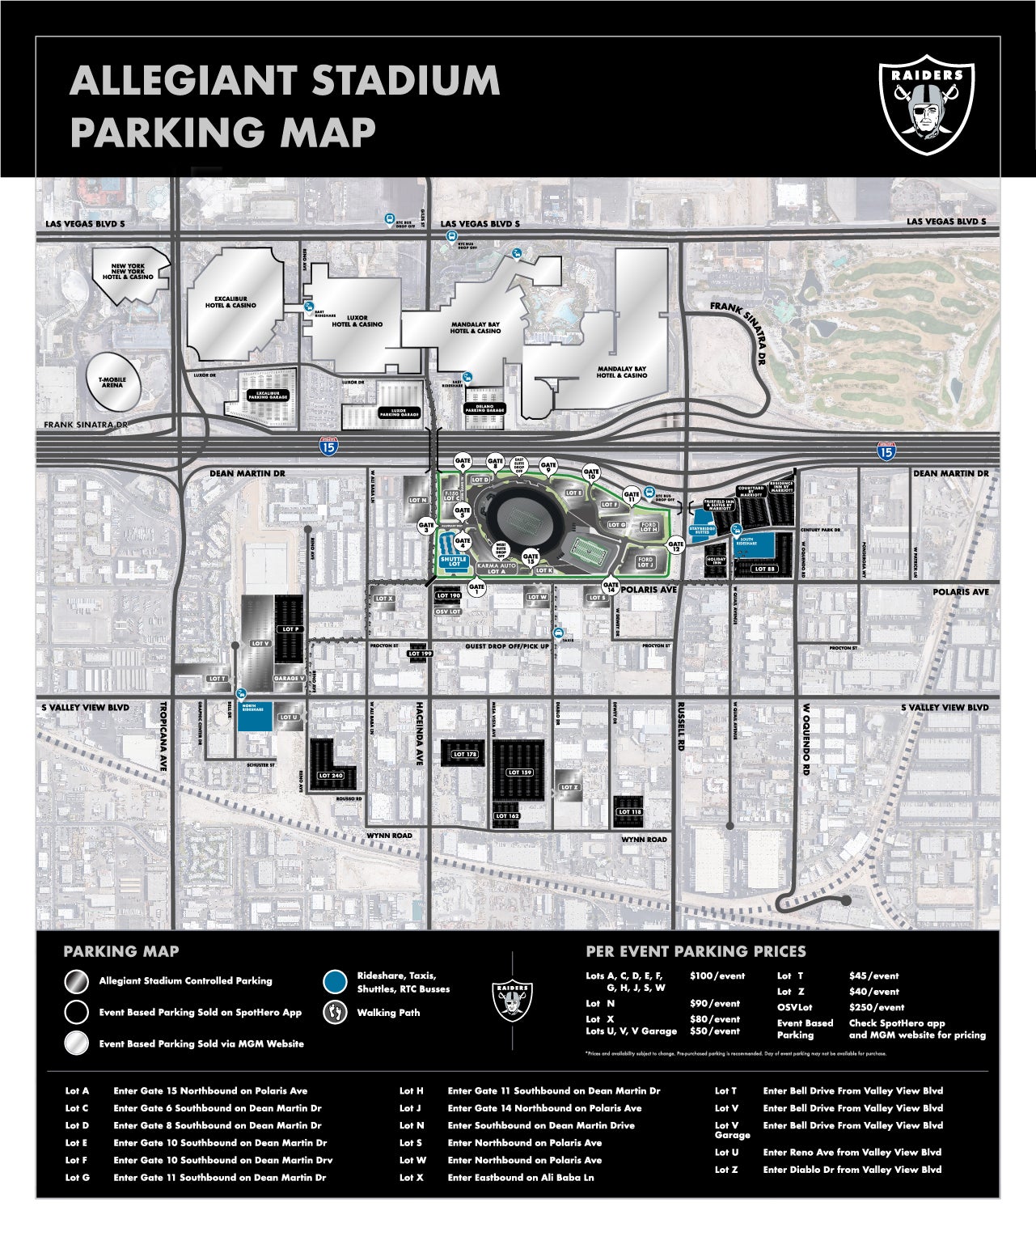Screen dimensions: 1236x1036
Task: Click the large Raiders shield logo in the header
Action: click(926, 104)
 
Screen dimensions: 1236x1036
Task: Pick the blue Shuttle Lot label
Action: click(453, 560)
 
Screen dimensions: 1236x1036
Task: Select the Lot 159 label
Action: click(520, 772)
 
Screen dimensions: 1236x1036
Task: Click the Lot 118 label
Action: click(630, 811)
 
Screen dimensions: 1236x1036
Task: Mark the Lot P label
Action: click(290, 629)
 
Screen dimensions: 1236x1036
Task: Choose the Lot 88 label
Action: click(765, 569)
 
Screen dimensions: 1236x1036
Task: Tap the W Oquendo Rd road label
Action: click(806, 739)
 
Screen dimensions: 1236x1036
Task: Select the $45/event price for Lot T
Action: click(873, 976)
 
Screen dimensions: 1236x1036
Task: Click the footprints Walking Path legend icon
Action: click(334, 1012)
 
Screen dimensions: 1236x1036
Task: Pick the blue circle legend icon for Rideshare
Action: click(334, 981)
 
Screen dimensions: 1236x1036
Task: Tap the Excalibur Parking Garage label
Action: click(268, 395)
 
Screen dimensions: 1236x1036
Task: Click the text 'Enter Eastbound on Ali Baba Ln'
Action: click(520, 1177)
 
